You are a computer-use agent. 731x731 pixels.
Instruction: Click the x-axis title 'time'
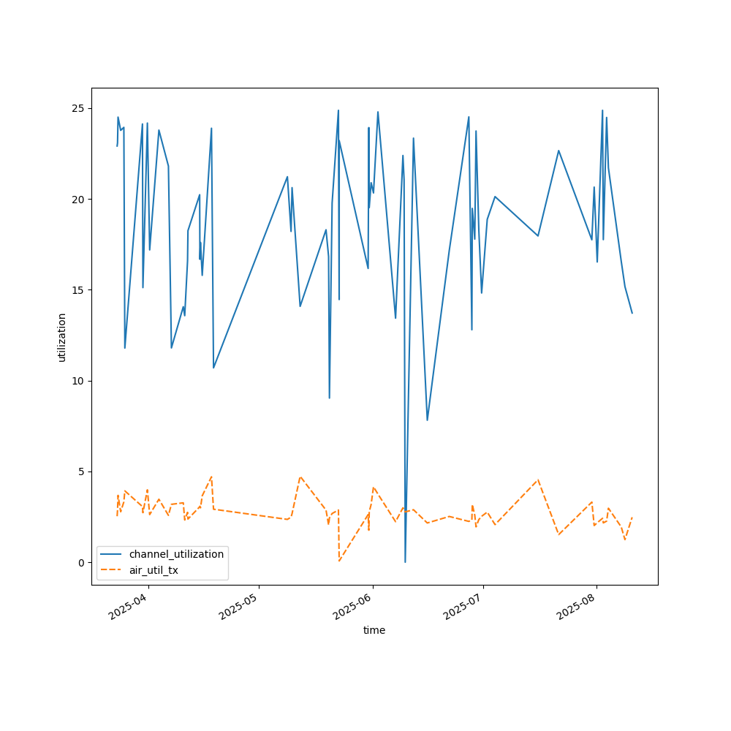click(x=374, y=630)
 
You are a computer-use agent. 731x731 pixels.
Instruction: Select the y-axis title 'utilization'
click(x=62, y=337)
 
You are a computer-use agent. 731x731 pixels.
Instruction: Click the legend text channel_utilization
click(x=176, y=554)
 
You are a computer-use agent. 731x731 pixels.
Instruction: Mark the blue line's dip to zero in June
click(x=405, y=561)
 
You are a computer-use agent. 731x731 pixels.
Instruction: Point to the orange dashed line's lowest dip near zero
click(x=339, y=561)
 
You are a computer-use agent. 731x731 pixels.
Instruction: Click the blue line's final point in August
click(x=632, y=313)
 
